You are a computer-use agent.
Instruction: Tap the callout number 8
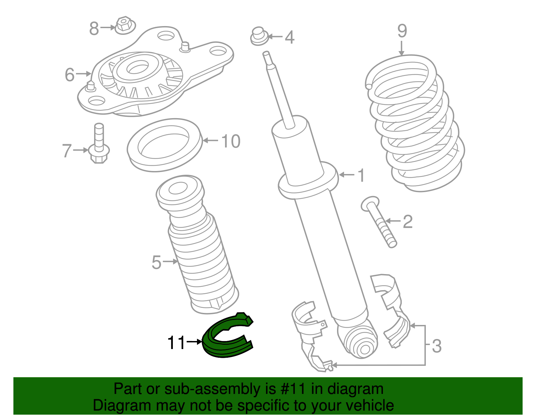pyautogui.click(x=94, y=28)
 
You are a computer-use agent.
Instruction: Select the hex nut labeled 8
pyautogui.click(x=125, y=25)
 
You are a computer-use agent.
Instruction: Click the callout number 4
pyautogui.click(x=289, y=37)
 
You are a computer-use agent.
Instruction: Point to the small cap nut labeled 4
pyautogui.click(x=259, y=36)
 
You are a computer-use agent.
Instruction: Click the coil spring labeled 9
pyautogui.click(x=414, y=123)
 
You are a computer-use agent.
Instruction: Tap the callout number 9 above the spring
pyautogui.click(x=402, y=31)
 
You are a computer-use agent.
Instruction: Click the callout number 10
pyautogui.click(x=230, y=141)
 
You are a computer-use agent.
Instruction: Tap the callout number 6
pyautogui.click(x=70, y=74)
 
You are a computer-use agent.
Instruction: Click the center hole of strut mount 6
pyautogui.click(x=137, y=69)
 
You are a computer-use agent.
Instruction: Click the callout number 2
pyautogui.click(x=407, y=222)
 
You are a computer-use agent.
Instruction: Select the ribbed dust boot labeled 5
pyautogui.click(x=197, y=244)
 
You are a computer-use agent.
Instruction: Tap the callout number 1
pyautogui.click(x=361, y=175)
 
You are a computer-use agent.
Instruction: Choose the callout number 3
pyautogui.click(x=437, y=346)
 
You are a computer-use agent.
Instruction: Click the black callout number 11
pyautogui.click(x=176, y=342)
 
